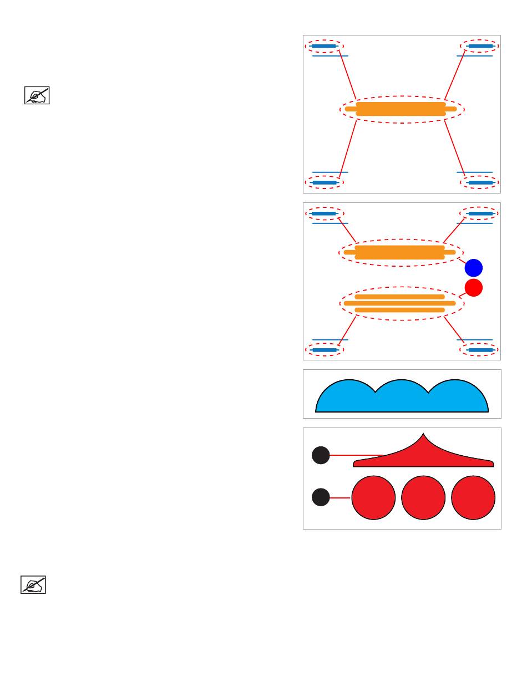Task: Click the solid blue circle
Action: pyautogui.click(x=474, y=268)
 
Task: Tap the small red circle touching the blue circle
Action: pyautogui.click(x=473, y=287)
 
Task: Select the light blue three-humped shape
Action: pyautogui.click(x=402, y=398)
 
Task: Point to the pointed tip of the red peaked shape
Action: pyautogui.click(x=424, y=434)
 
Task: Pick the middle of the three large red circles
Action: pyautogui.click(x=423, y=498)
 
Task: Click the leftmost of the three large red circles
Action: pyautogui.click(x=373, y=498)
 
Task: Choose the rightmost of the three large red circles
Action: pyautogui.click(x=473, y=498)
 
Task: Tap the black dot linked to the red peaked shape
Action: pyautogui.click(x=321, y=455)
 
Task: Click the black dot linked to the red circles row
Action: pyautogui.click(x=321, y=497)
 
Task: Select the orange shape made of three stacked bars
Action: pyautogui.click(x=399, y=303)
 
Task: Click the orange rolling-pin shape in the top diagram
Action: pyautogui.click(x=401, y=109)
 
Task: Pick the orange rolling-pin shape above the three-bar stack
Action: pyautogui.click(x=399, y=252)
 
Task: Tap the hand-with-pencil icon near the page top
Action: pyautogui.click(x=37, y=95)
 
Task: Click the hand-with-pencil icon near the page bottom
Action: pyautogui.click(x=33, y=585)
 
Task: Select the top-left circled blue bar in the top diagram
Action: pyautogui.click(x=324, y=46)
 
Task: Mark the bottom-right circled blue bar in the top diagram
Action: pyautogui.click(x=480, y=182)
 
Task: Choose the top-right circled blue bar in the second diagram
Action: pyautogui.click(x=480, y=213)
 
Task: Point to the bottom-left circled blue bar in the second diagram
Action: pyautogui.click(x=324, y=350)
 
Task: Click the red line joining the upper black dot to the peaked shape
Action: pyautogui.click(x=355, y=455)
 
